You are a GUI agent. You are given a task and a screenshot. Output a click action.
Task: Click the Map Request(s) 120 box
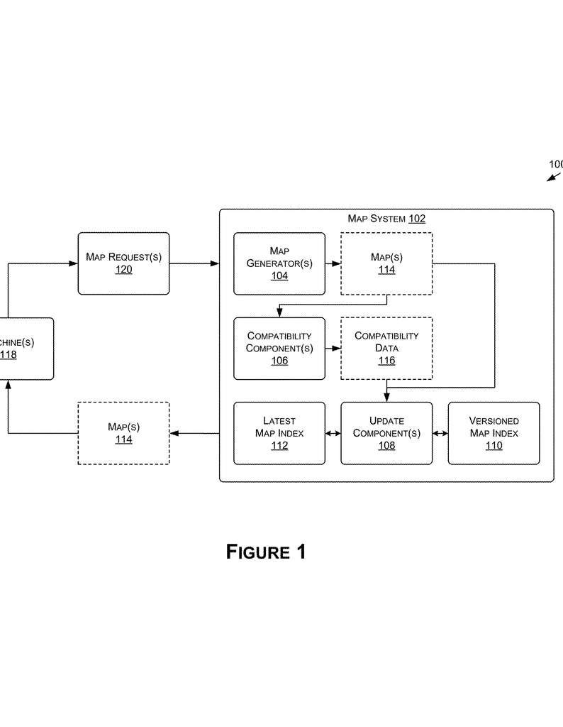pos(123,263)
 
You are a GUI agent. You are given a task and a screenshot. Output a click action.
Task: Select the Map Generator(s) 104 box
pos(279,263)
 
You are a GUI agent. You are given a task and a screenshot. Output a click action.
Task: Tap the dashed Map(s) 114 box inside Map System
pos(386,263)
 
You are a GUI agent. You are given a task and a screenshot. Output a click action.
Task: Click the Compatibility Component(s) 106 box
pos(279,348)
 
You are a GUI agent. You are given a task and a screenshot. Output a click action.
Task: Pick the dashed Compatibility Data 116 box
pos(386,348)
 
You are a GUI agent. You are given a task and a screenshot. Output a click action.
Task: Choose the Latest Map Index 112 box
pos(279,433)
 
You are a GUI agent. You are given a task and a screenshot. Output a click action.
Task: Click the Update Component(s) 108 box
pos(386,433)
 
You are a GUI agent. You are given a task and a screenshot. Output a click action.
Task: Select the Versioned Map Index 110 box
pos(494,433)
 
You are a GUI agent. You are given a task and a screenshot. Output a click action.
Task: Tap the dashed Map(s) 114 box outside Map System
pos(123,433)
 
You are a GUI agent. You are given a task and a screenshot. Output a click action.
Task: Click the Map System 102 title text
pos(386,219)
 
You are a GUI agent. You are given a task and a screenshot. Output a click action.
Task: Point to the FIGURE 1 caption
pos(266,552)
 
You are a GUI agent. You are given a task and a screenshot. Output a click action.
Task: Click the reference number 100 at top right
pos(556,164)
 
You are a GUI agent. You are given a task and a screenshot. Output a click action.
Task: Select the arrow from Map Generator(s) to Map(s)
pos(333,263)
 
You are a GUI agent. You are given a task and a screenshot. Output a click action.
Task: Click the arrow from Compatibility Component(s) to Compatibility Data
pos(333,348)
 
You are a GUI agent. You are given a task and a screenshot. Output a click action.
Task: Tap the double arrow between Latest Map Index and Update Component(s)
pos(333,433)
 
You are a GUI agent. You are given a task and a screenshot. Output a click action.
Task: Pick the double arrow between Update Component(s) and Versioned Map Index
pos(440,433)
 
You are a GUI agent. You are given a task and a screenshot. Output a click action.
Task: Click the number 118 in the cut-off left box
pos(9,355)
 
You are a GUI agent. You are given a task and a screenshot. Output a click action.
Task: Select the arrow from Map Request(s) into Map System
pos(194,263)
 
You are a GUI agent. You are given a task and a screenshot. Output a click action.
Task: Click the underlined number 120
pos(123,270)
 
